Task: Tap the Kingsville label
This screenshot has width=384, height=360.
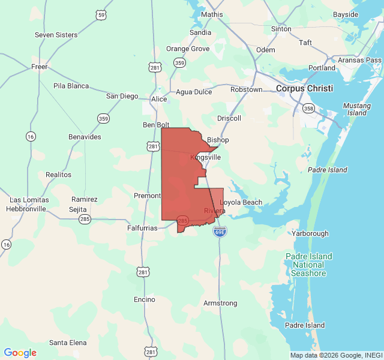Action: pyautogui.click(x=206, y=157)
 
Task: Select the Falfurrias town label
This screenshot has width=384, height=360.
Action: pyautogui.click(x=142, y=228)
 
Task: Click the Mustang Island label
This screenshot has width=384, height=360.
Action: pyautogui.click(x=357, y=109)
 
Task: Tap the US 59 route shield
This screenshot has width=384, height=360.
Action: pyautogui.click(x=102, y=14)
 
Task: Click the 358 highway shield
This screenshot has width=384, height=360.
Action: pyautogui.click(x=308, y=109)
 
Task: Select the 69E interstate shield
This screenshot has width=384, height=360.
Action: pyautogui.click(x=220, y=231)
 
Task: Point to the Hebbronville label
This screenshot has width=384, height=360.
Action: pyautogui.click(x=26, y=209)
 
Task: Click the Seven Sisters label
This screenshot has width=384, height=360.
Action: pyautogui.click(x=56, y=35)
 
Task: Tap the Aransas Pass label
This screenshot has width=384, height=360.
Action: pyautogui.click(x=359, y=60)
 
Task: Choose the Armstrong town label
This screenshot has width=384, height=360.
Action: pyautogui.click(x=220, y=304)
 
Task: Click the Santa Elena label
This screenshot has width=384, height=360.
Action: pyautogui.click(x=68, y=343)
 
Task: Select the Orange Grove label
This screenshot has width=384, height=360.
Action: pyautogui.click(x=188, y=49)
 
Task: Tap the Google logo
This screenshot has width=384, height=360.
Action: pyautogui.click(x=20, y=353)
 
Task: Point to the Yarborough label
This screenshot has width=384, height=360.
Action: pyautogui.click(x=310, y=233)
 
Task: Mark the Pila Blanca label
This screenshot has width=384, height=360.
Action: pyautogui.click(x=71, y=86)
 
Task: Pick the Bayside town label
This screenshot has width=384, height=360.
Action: pyautogui.click(x=346, y=14)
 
